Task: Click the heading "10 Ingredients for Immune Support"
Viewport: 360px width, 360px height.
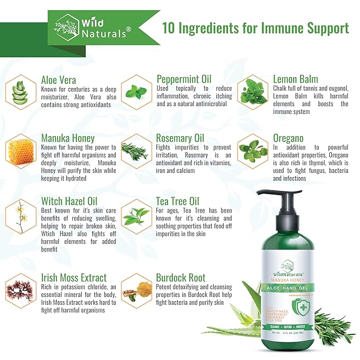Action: pos(255,28)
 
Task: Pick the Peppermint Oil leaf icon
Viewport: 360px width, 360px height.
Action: pos(136,91)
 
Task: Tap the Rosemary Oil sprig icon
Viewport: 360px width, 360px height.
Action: pos(136,151)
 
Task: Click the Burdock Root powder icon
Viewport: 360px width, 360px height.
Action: pos(136,291)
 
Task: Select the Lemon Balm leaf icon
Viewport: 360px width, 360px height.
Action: pos(252,91)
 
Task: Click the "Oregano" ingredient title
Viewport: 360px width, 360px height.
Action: pos(288,138)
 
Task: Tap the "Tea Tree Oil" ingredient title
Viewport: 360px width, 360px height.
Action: pos(178,201)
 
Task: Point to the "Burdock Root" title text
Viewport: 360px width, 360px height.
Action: pos(181,277)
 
